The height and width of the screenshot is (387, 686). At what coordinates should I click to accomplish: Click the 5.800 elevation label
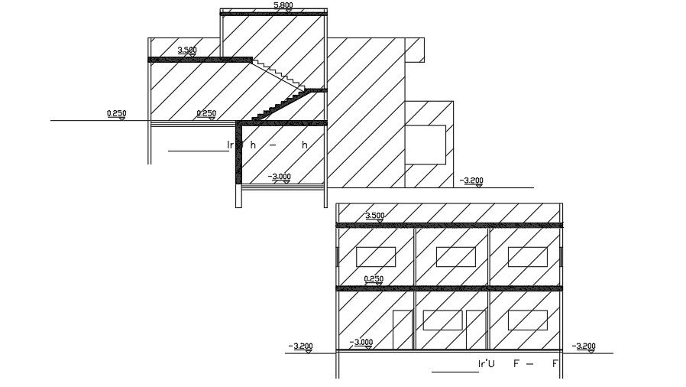(282, 5)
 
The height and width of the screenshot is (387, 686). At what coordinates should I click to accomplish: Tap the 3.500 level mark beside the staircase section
(187, 50)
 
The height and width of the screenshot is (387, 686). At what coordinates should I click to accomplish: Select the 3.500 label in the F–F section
(374, 216)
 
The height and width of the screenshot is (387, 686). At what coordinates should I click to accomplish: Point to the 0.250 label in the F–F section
(374, 279)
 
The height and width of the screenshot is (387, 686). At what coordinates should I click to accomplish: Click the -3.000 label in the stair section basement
(280, 177)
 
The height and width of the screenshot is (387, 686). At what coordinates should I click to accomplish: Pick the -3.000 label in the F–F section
(361, 343)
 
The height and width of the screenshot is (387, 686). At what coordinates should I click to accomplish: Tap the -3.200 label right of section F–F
(584, 346)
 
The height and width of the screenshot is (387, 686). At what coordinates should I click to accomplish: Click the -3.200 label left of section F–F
(301, 346)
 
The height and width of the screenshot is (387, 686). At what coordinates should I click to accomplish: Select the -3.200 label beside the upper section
(472, 181)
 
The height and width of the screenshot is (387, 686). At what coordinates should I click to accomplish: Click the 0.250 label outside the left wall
(117, 114)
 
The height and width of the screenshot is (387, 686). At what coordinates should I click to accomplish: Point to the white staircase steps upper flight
(279, 75)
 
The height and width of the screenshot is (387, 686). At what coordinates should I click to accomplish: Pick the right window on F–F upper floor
(527, 257)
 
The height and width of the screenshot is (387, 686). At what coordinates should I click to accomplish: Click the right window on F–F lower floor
(527, 320)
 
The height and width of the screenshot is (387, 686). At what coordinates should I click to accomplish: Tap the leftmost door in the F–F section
(403, 330)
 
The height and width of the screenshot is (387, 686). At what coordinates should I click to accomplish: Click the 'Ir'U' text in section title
(487, 363)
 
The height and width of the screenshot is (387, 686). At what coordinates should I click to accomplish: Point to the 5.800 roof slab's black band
(273, 14)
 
